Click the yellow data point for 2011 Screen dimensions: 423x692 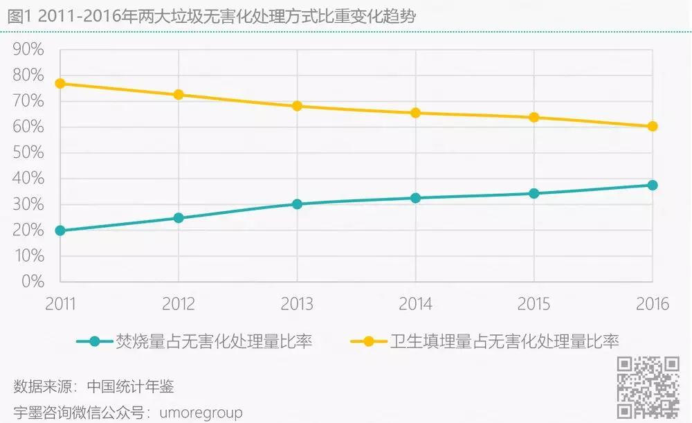(60, 83)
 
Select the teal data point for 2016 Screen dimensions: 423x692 (652, 185)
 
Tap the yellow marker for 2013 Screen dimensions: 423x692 (297, 106)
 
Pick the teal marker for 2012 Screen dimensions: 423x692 (179, 217)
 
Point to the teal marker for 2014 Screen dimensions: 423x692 (415, 198)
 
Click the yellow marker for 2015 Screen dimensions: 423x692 (534, 117)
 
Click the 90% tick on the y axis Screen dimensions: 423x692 (28, 50)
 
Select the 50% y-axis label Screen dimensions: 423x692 (28, 153)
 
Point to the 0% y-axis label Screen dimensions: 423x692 (32, 282)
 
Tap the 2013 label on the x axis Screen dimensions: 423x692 (297, 305)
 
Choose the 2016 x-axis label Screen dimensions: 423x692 (652, 305)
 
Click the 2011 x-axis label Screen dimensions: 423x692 (60, 305)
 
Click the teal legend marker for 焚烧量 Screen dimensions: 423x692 (95, 341)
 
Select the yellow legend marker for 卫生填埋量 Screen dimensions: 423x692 (368, 341)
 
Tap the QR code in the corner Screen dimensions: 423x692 (648, 388)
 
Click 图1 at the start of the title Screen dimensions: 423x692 (18, 17)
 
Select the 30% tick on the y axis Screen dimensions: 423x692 (28, 205)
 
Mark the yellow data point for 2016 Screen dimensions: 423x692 (652, 126)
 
